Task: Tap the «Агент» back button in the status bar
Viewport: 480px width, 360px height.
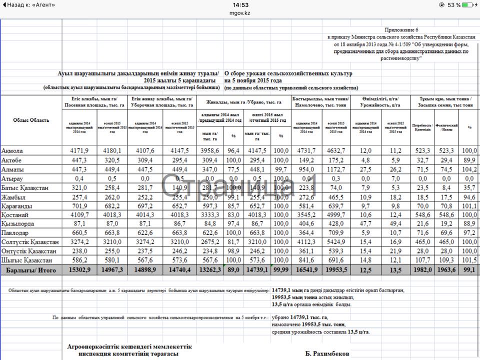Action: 28,4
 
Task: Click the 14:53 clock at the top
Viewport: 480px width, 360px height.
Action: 240,4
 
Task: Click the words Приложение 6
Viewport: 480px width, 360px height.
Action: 402,30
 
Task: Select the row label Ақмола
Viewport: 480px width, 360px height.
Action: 12,150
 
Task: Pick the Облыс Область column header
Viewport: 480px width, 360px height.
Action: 31,120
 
